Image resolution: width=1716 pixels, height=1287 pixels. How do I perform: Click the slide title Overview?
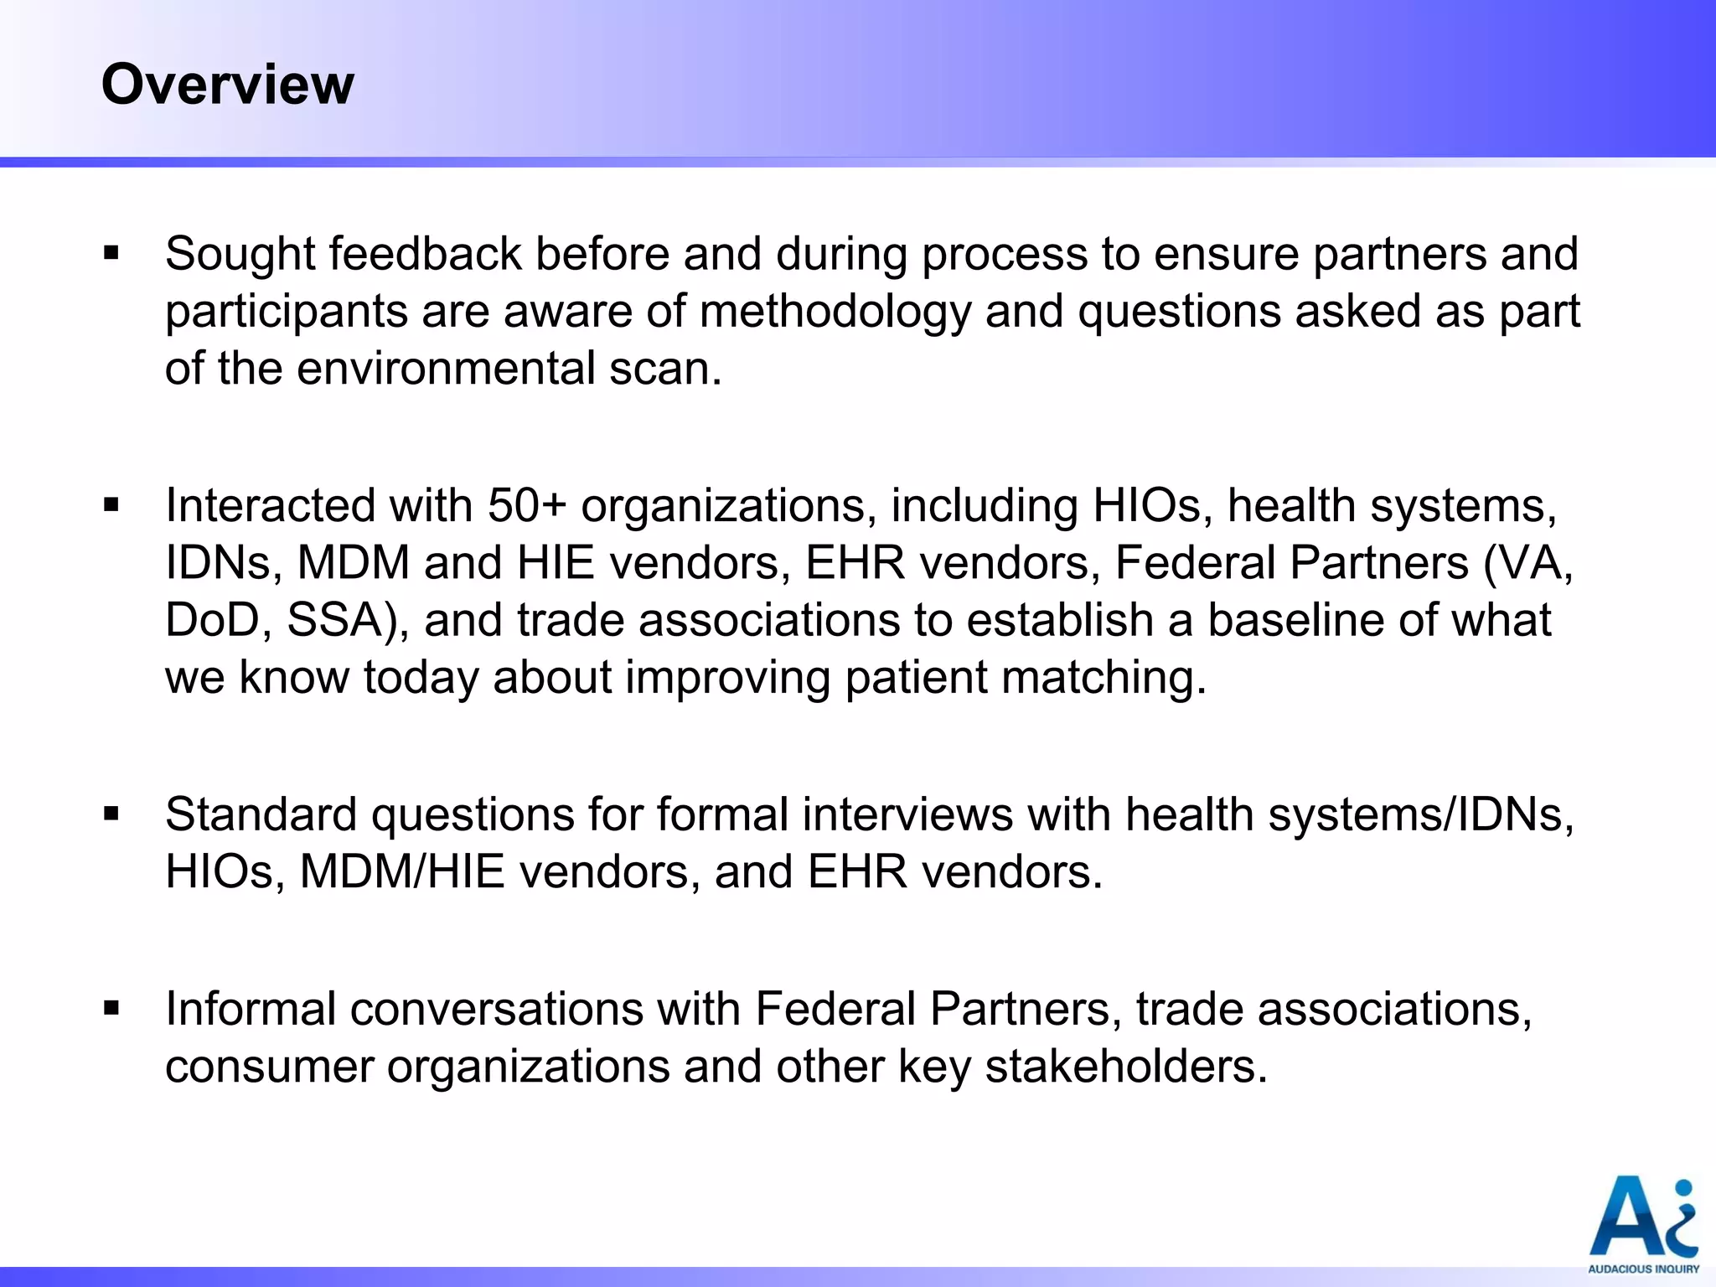pos(228,85)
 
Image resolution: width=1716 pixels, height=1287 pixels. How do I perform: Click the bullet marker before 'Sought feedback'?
pos(112,253)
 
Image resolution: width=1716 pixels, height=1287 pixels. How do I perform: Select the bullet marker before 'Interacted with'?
pos(112,505)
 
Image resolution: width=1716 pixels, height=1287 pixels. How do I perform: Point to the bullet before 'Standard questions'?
pos(112,814)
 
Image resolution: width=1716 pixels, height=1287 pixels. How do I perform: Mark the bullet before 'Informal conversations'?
pos(112,1008)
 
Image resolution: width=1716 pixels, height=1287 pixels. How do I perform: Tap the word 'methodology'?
pos(835,312)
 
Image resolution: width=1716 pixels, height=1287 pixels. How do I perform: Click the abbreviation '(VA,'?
pos(1528,562)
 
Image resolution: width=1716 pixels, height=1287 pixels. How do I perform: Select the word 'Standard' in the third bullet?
pos(261,814)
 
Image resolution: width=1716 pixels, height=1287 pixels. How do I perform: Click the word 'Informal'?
pos(251,1008)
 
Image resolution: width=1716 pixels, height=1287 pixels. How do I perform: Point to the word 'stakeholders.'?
pos(1126,1066)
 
